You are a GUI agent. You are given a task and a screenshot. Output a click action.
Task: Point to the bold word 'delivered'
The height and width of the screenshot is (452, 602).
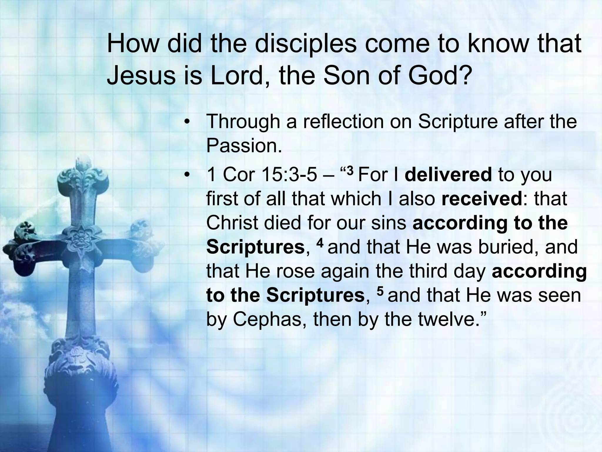(x=448, y=174)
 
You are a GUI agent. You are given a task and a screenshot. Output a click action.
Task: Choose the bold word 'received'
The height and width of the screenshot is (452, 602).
(x=481, y=199)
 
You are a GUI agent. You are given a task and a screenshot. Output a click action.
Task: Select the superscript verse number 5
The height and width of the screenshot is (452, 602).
(x=380, y=291)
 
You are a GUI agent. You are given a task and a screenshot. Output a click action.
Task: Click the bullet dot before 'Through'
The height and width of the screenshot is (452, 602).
(x=186, y=122)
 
